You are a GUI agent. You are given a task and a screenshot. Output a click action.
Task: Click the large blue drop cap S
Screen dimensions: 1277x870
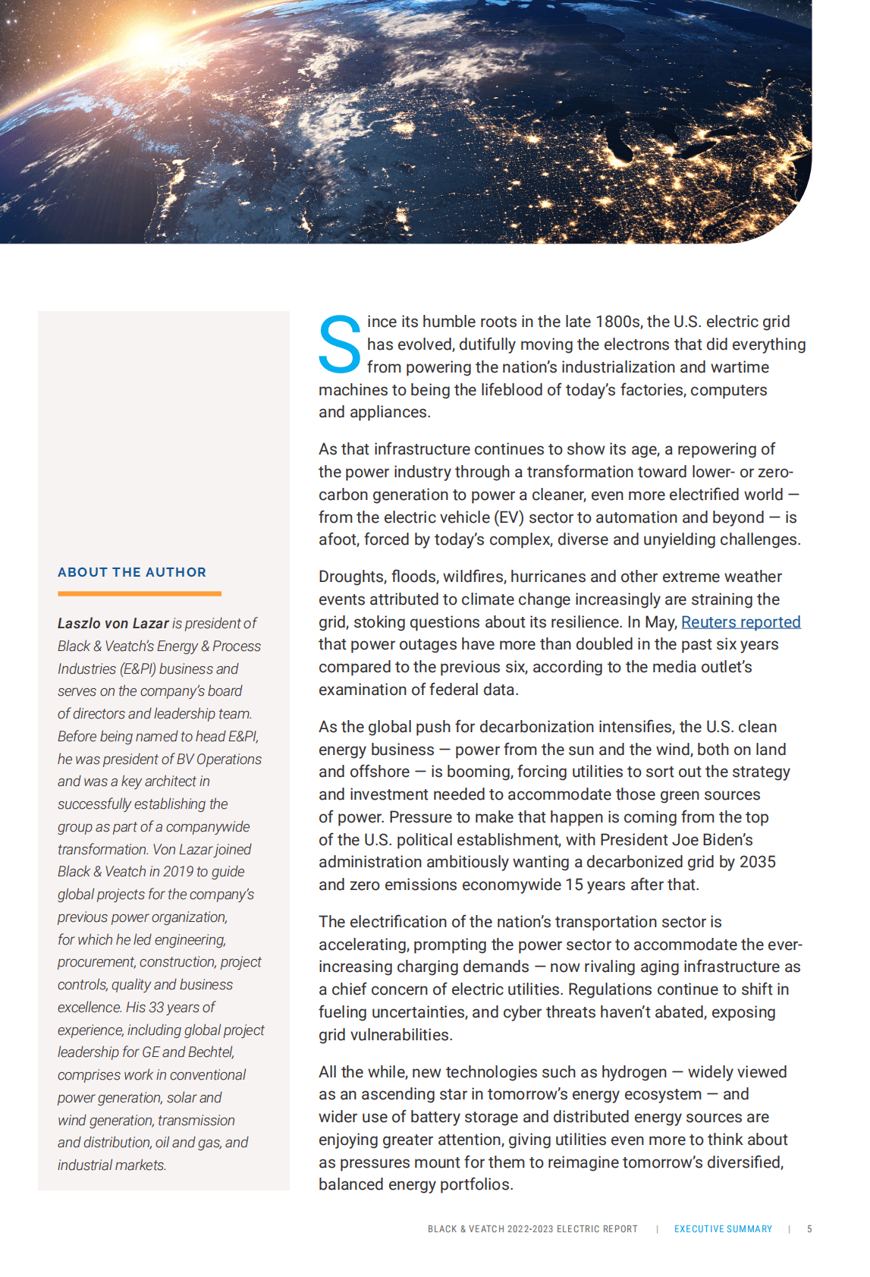tap(339, 345)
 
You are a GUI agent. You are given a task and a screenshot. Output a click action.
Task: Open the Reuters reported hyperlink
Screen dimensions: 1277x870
tap(740, 622)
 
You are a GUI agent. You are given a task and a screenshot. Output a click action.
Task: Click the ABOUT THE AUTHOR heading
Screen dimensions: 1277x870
tap(132, 572)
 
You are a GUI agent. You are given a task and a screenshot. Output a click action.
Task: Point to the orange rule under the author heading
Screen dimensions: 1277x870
tap(140, 593)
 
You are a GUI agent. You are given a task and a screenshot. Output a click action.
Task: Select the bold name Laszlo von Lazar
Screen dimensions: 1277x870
tap(113, 624)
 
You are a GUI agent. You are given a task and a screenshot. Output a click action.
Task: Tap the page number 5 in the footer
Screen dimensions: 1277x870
tap(809, 1229)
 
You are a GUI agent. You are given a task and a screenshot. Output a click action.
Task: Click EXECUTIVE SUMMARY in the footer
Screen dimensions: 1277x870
tap(723, 1229)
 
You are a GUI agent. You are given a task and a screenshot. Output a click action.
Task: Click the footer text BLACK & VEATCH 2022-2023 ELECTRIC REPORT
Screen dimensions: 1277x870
tap(532, 1229)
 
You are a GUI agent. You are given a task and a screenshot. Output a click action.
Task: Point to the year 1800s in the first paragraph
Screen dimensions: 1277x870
tap(618, 322)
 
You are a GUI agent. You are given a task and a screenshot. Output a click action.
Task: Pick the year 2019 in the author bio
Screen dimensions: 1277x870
tap(178, 872)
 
